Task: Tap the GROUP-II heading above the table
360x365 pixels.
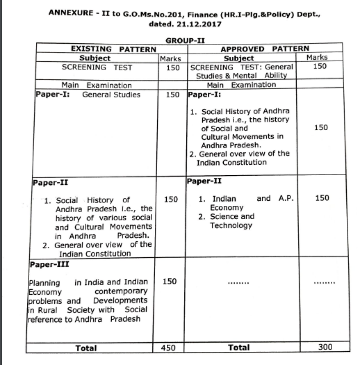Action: (185, 40)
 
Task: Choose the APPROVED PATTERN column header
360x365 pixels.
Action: (264, 49)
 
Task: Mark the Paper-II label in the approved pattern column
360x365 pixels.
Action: (205, 181)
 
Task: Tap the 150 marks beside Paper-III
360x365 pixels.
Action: (170, 281)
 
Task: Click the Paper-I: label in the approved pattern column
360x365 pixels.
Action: (204, 95)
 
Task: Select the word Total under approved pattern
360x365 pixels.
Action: (238, 348)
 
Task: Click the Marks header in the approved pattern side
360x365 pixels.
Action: (317, 57)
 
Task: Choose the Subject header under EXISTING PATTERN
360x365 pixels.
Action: (95, 58)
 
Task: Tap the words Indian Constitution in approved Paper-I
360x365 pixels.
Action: (232, 162)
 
